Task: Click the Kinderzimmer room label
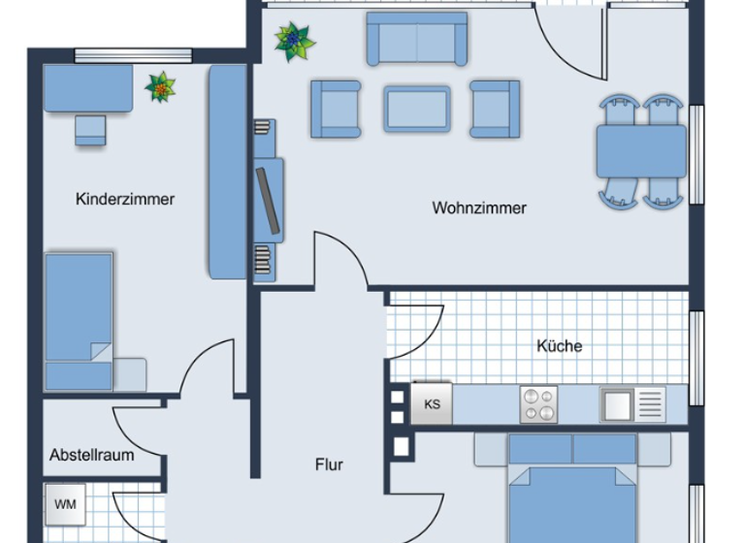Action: [125, 200]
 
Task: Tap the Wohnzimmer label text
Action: [479, 208]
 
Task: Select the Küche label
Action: [560, 345]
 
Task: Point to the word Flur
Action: [329, 464]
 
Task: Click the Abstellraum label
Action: [92, 454]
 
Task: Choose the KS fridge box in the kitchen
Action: [433, 404]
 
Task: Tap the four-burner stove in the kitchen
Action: [539, 404]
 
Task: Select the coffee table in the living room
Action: [417, 109]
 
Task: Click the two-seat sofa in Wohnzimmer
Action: [416, 39]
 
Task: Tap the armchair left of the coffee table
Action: [335, 109]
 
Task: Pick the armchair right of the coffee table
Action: [494, 109]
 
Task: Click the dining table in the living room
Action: [641, 151]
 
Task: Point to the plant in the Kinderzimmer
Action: [160, 87]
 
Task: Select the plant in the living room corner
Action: [293, 42]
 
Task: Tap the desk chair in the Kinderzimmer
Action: [90, 130]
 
